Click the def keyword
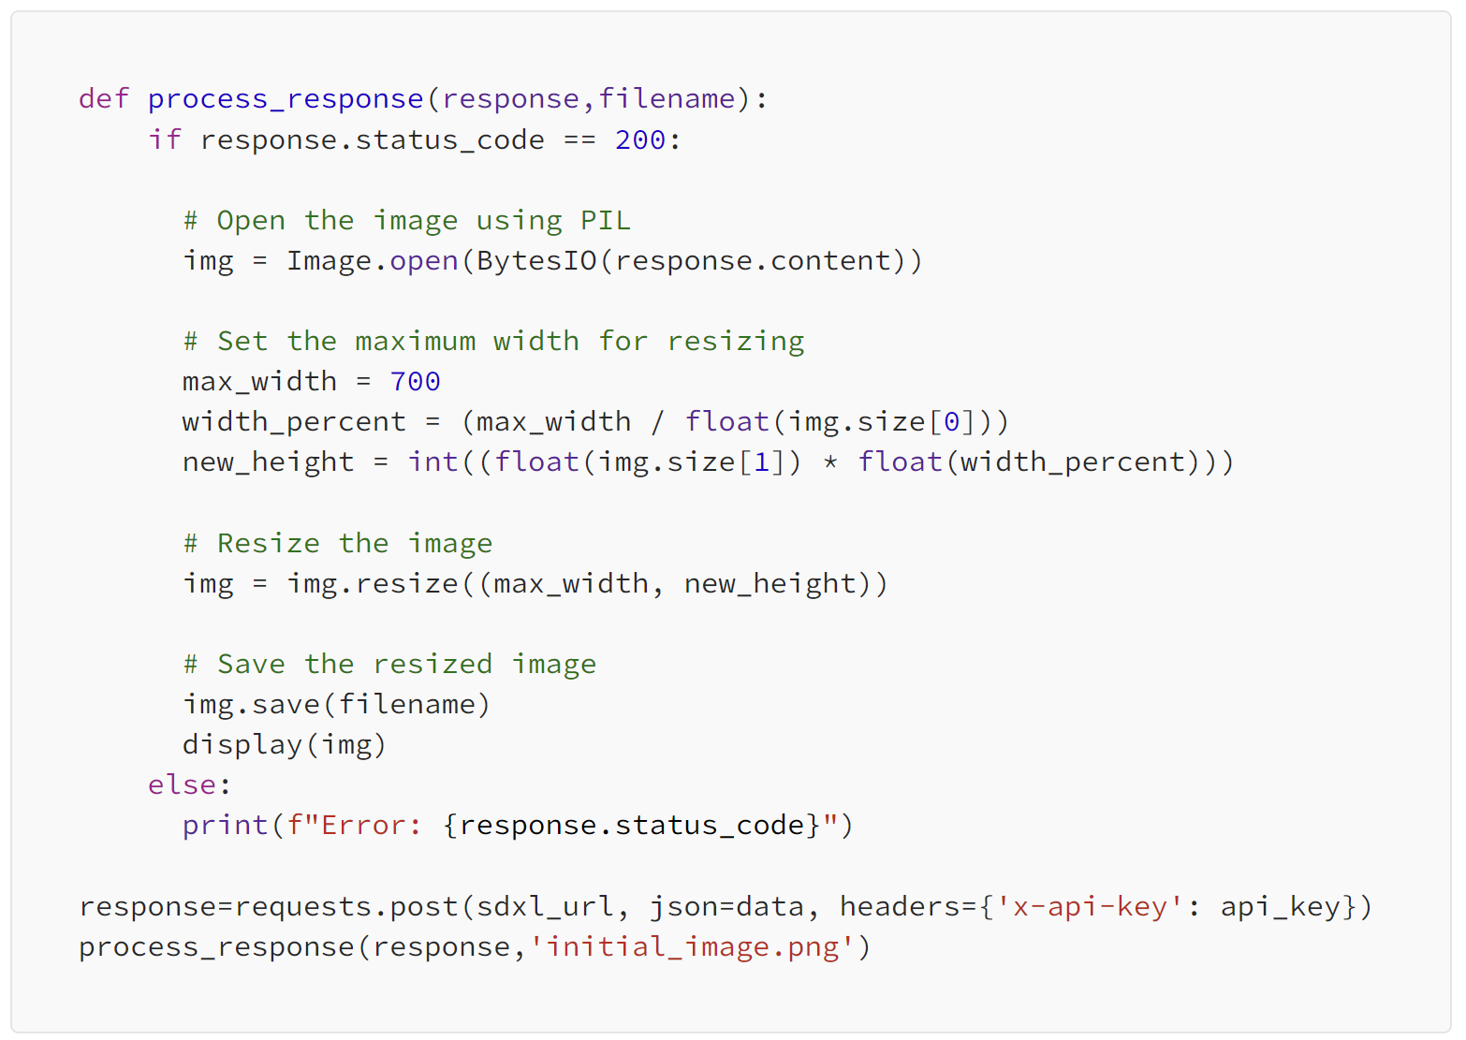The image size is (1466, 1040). coord(103,98)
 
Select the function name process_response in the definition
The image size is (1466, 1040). coord(285,98)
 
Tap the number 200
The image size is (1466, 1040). coord(640,139)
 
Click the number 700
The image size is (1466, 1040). coord(415,381)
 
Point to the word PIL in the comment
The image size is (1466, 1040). coord(605,220)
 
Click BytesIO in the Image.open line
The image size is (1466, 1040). coord(535,260)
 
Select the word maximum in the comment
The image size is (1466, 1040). coord(415,341)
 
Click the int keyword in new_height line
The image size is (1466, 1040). coord(432,461)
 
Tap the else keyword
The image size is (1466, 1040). coord(182,784)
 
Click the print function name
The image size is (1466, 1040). coord(225,825)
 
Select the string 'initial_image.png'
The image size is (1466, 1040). coord(692,946)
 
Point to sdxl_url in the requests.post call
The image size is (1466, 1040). coord(545,906)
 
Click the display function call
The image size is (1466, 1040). coord(242,744)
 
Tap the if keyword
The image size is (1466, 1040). coord(164,139)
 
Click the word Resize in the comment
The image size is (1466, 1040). coord(268,543)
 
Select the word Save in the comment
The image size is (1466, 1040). coord(250,664)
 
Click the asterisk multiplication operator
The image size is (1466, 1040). coord(829,461)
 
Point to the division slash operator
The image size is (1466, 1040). coord(657,421)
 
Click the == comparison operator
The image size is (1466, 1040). coord(579,139)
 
